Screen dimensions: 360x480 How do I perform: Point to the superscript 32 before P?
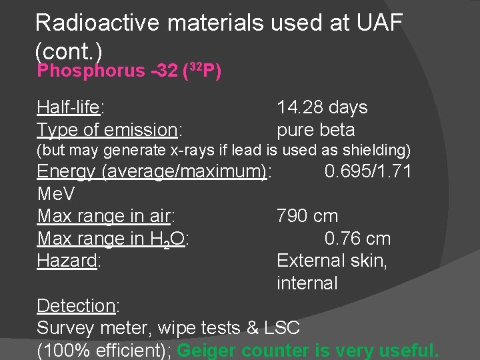(195, 66)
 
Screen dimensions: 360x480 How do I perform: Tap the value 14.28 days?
(322, 107)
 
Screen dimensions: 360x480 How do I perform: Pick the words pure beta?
(315, 130)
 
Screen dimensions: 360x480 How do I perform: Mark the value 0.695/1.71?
(368, 171)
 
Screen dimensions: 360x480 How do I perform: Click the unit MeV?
(56, 194)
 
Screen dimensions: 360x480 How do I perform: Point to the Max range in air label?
(105, 216)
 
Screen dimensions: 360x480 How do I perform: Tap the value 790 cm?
(307, 216)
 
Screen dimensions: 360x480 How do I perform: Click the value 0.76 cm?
(357, 239)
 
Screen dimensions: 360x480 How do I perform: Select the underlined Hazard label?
(67, 261)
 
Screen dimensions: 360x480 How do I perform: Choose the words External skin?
(331, 261)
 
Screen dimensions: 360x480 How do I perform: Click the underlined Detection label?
(77, 306)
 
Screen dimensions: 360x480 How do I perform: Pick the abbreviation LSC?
(282, 328)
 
